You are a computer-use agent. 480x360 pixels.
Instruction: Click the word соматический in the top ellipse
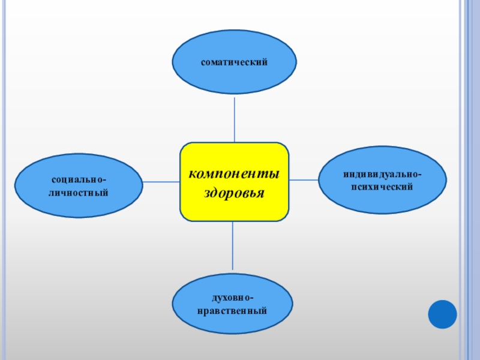point(234,62)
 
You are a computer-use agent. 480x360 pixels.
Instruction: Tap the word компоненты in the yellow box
point(234,175)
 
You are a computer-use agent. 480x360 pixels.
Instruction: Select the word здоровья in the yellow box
point(234,194)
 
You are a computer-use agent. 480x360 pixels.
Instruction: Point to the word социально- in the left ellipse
point(79,179)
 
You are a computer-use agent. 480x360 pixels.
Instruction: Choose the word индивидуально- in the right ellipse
point(382,174)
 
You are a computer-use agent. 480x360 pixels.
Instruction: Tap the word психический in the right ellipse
point(382,187)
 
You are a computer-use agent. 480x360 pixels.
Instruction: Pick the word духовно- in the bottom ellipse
point(233,298)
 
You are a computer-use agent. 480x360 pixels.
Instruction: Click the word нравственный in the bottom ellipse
point(233,311)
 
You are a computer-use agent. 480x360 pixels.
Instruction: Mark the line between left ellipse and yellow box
point(161,181)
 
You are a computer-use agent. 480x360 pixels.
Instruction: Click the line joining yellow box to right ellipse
point(304,179)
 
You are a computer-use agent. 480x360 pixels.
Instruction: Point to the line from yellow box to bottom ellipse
point(233,246)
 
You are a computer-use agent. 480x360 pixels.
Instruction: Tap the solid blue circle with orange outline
point(442,314)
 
